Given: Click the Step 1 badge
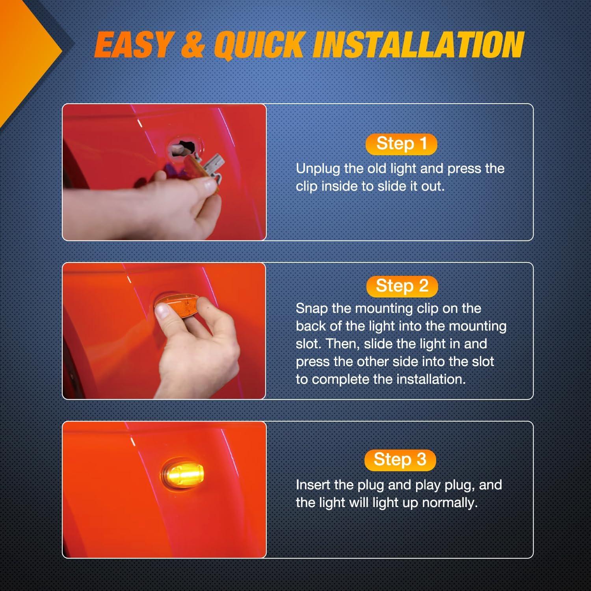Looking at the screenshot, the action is click(401, 144).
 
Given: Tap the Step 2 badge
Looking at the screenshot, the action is click(402, 286).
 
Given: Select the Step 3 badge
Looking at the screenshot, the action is click(400, 460).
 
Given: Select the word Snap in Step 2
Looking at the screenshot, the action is click(312, 309).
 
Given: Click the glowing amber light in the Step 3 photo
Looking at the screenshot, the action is click(182, 472).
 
